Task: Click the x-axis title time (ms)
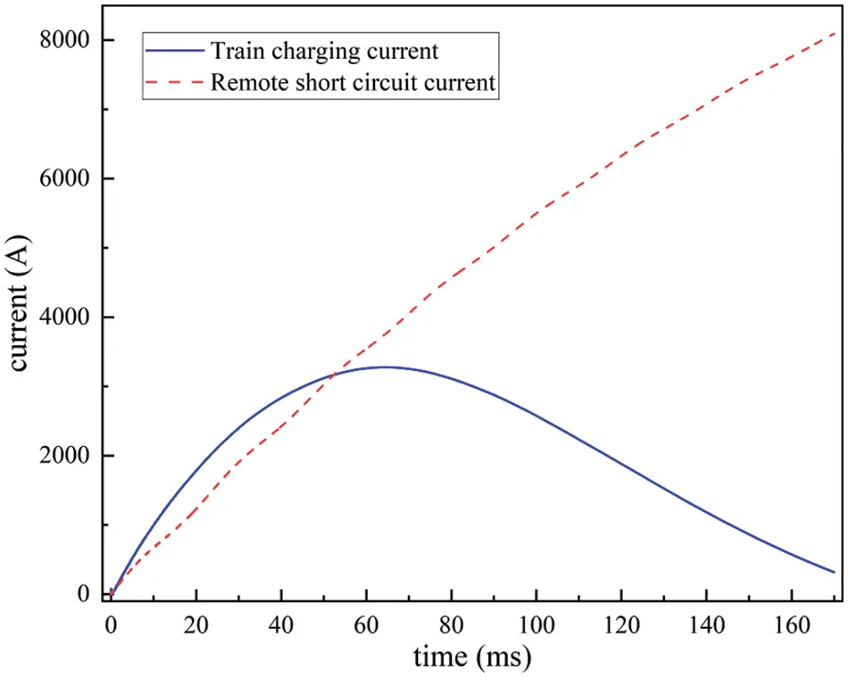(x=472, y=657)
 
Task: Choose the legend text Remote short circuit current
(x=353, y=84)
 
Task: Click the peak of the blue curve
(x=385, y=367)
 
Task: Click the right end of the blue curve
(x=834, y=572)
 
